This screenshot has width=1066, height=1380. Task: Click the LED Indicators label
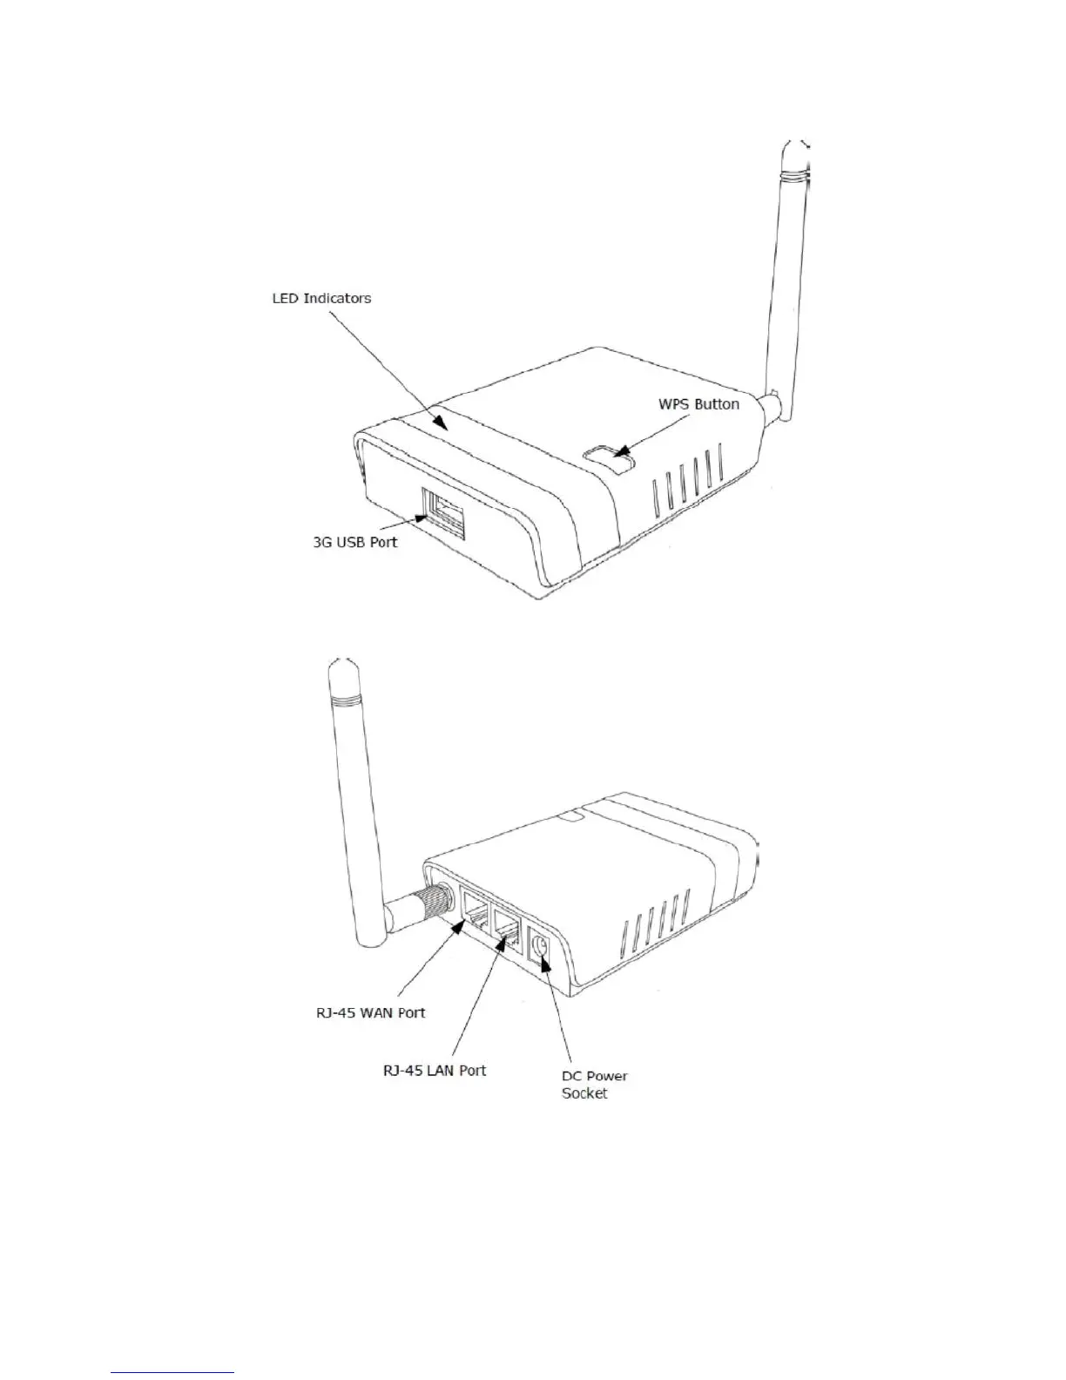point(321,298)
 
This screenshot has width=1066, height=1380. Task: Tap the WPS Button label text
point(698,404)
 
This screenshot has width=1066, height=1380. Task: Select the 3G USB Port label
point(354,542)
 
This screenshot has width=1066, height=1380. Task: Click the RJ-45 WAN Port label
point(370,1012)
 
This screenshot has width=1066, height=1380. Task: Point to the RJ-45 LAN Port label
point(435,1070)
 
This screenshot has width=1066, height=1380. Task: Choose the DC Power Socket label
point(594,1085)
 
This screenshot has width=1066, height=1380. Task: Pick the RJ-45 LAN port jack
point(508,928)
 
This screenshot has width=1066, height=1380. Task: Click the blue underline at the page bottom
point(173,1374)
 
